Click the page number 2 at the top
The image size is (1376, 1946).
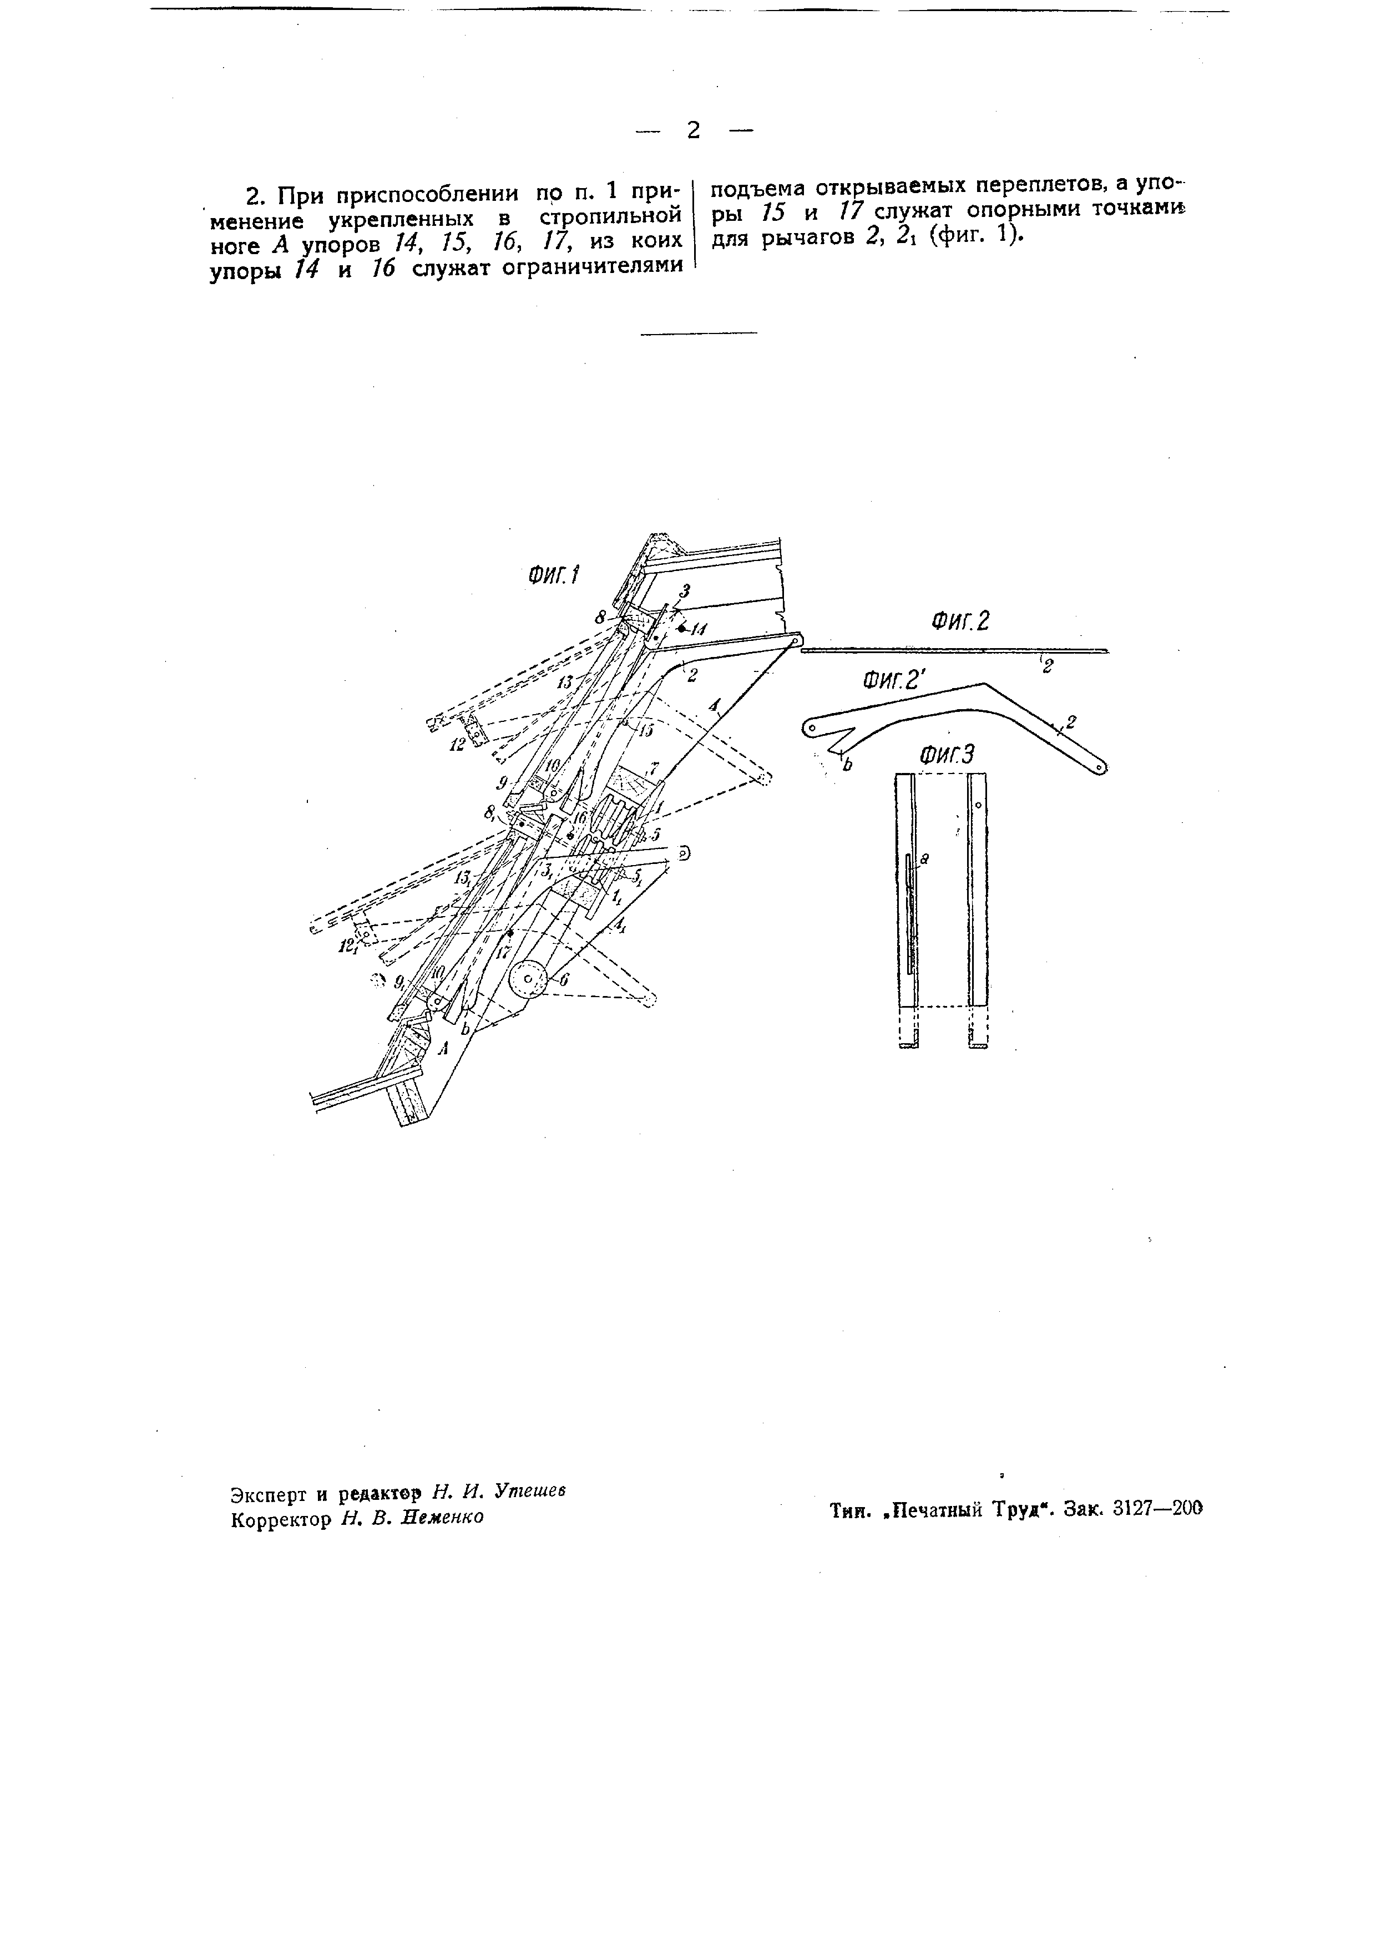click(x=693, y=130)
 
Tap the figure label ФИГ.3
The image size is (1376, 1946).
click(x=947, y=754)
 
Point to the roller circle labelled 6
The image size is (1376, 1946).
click(x=529, y=980)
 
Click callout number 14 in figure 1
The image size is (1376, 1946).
click(x=699, y=630)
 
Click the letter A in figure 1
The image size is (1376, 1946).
click(x=442, y=1048)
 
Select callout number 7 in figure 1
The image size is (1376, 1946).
click(x=652, y=766)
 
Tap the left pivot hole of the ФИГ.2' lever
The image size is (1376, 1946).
click(x=810, y=728)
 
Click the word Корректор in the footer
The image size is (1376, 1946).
click(x=280, y=1518)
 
